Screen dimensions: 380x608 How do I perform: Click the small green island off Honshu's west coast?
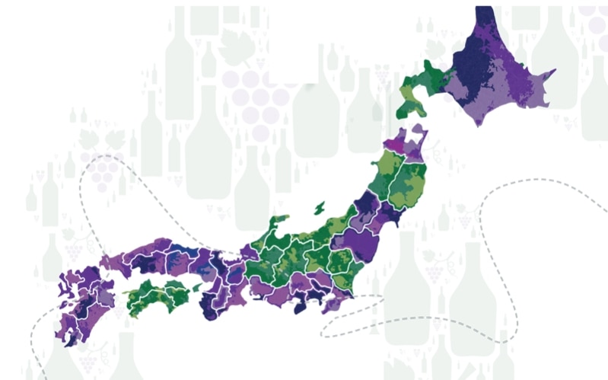(x=319, y=206)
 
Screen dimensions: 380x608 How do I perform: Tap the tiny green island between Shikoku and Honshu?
(x=197, y=287)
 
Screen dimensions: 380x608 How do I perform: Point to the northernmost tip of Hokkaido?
(x=483, y=9)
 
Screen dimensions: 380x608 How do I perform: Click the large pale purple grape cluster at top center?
(x=256, y=99)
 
